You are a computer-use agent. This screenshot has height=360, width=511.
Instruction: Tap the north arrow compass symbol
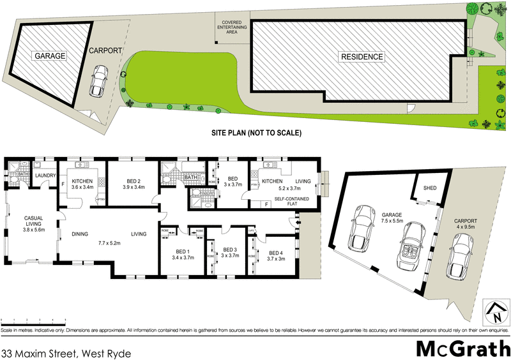tap(496, 312)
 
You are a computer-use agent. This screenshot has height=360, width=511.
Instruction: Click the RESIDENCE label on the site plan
tap(362, 57)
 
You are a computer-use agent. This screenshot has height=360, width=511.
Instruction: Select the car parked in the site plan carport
tap(98, 82)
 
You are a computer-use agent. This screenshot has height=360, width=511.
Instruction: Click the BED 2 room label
tap(134, 180)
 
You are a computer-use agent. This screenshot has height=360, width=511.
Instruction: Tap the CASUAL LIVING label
tap(33, 222)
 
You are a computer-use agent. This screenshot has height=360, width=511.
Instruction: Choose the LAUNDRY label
tap(46, 176)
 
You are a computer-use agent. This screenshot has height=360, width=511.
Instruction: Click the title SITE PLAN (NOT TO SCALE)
tap(256, 133)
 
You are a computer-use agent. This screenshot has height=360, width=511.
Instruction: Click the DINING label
tap(79, 234)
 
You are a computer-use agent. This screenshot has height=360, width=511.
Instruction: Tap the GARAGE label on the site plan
tap(50, 56)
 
